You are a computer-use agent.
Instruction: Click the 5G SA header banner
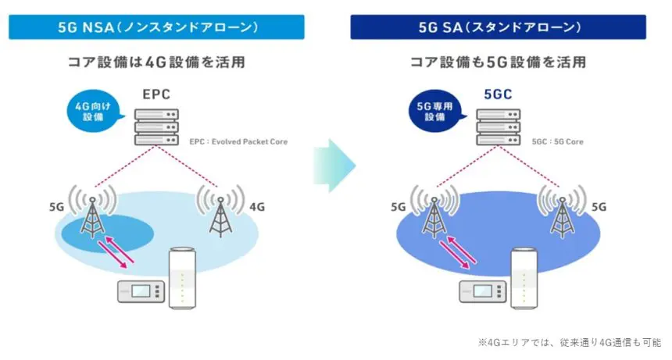coord(498,27)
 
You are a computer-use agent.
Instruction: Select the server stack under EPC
coord(156,127)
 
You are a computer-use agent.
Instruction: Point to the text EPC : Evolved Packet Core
coord(238,143)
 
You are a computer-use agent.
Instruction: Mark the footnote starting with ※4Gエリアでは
coord(571,343)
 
